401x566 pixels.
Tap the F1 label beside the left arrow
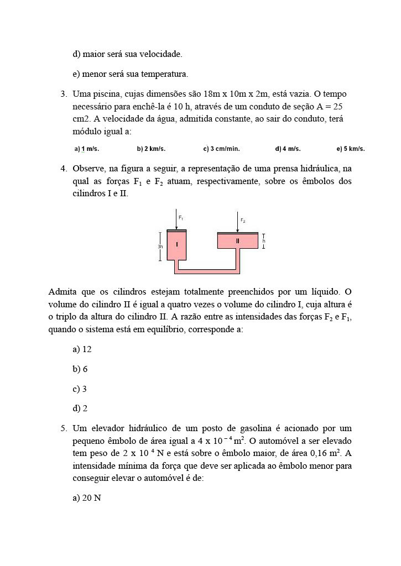181,218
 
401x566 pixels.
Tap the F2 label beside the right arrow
242,221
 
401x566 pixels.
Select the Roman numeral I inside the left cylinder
177,244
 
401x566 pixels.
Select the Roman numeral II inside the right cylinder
238,241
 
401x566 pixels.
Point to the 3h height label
160,246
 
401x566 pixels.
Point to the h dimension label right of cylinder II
264,241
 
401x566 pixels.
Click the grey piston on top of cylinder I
176,230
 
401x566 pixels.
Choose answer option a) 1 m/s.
87,149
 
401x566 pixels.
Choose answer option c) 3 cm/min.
221,149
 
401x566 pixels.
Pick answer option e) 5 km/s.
351,149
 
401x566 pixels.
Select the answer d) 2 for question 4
80,408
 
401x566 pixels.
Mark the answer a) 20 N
87,498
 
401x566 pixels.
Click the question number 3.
64,94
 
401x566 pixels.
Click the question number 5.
64,428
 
